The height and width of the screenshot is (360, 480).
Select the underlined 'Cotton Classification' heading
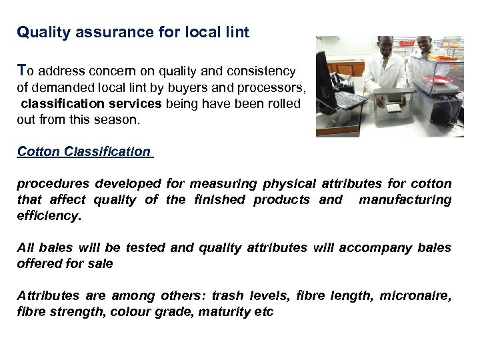pyautogui.click(x=84, y=151)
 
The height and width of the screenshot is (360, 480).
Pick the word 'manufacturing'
pyautogui.click(x=405, y=199)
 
